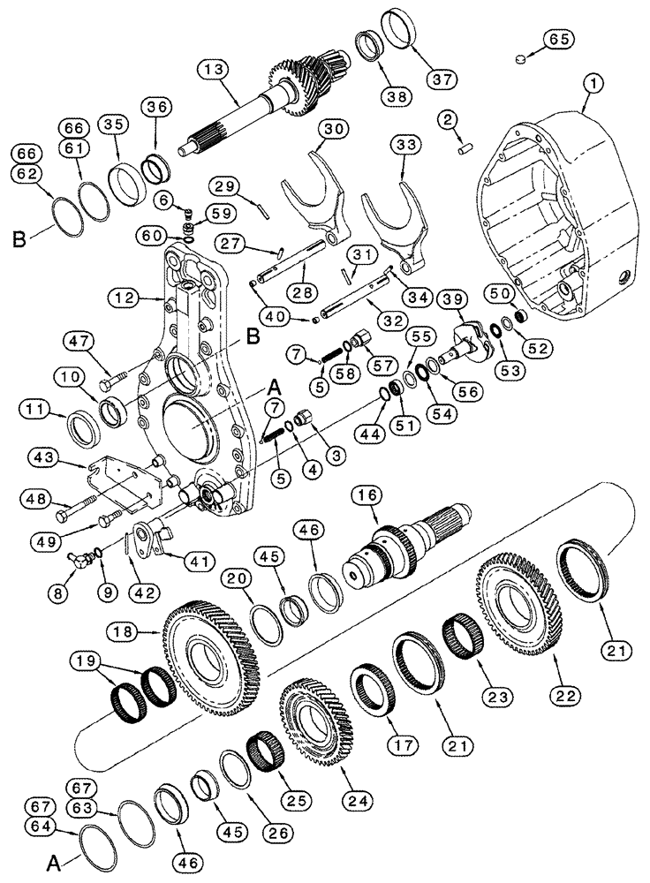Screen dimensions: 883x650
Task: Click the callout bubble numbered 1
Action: [x=591, y=85]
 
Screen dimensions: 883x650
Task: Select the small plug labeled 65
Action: [x=520, y=59]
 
